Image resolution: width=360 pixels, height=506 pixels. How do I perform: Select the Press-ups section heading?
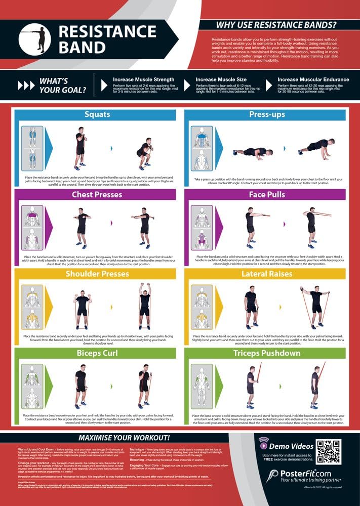pos(266,114)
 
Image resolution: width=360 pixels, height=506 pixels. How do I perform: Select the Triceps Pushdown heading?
pos(266,353)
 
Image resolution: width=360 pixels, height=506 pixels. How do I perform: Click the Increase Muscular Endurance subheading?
pos(313,79)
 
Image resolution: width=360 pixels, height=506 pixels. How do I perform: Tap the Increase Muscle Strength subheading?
pos(143,79)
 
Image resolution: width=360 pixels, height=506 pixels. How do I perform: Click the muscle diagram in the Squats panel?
pos(31,149)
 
